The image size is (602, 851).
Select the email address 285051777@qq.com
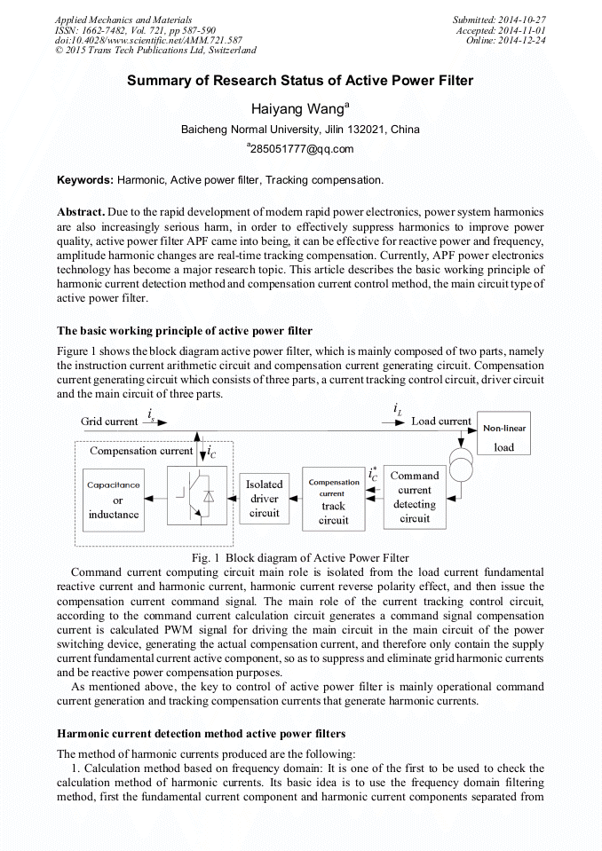303,148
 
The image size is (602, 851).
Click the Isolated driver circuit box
264,498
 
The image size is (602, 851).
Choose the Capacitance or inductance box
114,500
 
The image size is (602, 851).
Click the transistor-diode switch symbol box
197,499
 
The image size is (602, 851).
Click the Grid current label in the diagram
109,422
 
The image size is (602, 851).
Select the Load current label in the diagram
441,421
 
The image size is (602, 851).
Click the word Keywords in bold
85,180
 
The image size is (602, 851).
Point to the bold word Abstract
81,213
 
